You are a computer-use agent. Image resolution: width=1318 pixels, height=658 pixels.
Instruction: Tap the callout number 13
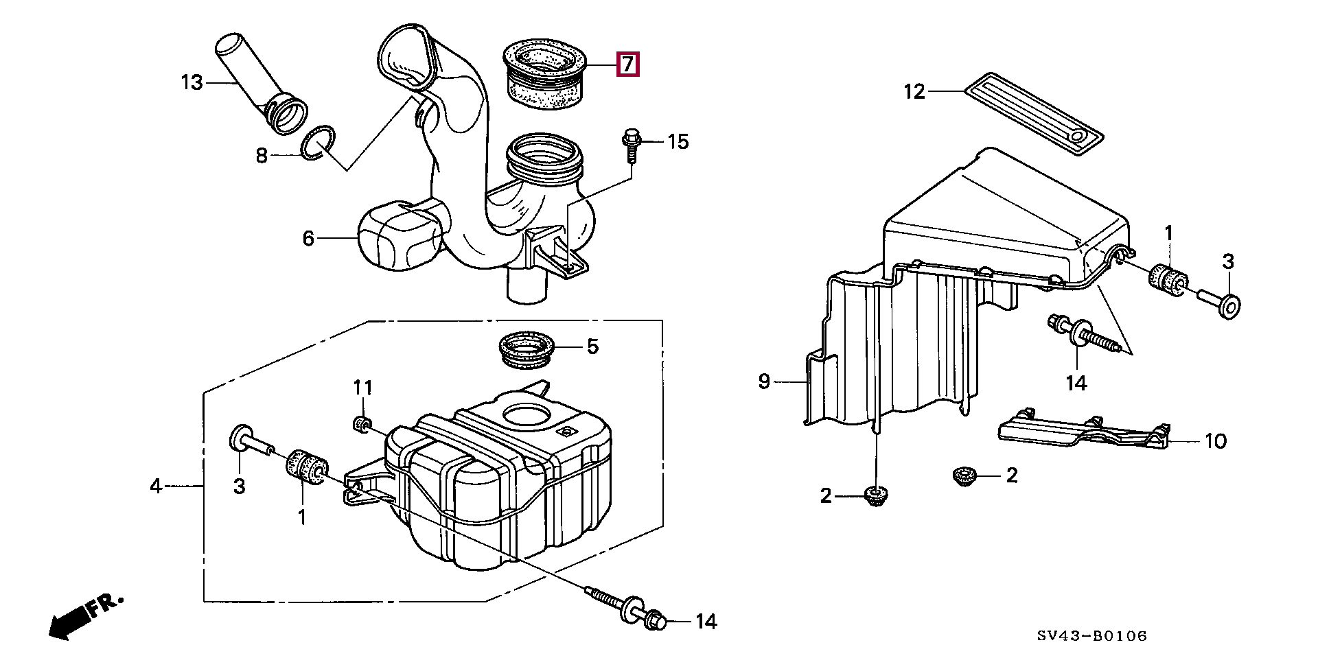(x=192, y=83)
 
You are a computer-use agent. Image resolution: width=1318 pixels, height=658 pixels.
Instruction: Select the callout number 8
(x=262, y=155)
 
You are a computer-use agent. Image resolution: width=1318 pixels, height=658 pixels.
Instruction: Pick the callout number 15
(x=678, y=142)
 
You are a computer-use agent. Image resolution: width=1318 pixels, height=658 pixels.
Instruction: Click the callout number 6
(x=308, y=238)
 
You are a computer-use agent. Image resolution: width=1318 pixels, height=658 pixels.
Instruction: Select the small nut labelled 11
(x=360, y=425)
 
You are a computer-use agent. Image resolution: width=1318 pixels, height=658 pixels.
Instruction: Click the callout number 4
(x=156, y=486)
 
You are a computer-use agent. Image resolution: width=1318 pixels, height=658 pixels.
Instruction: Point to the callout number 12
(x=914, y=91)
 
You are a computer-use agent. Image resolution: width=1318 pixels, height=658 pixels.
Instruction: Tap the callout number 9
(x=765, y=381)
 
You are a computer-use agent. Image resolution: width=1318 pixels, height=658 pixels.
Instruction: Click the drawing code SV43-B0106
(x=1092, y=636)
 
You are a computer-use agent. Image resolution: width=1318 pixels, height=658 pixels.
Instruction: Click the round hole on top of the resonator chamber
(x=527, y=416)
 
